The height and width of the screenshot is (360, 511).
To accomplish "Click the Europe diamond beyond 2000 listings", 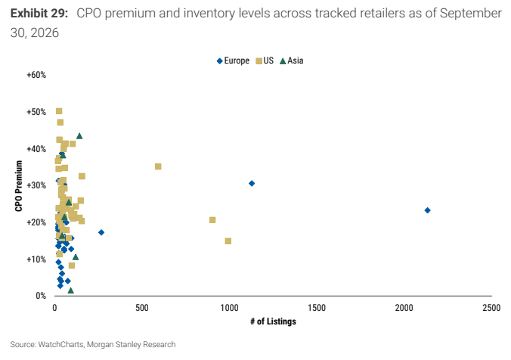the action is (427, 210).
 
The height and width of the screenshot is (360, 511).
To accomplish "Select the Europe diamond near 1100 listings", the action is (252, 183).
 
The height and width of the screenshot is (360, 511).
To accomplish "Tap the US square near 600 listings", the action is (158, 166).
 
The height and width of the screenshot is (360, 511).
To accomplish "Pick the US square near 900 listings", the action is (212, 220).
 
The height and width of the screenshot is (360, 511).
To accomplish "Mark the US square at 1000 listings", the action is (228, 241).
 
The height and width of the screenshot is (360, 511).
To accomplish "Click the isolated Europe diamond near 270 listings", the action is (101, 232).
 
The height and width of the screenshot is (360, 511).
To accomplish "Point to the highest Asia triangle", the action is (79, 135).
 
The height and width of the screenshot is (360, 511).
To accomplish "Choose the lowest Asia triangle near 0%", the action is (71, 290).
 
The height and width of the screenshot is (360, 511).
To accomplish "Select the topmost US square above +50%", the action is (59, 111).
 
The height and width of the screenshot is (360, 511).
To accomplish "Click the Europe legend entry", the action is (233, 61).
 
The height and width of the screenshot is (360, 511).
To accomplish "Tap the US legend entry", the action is (265, 61).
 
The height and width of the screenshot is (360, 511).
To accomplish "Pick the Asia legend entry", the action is (292, 61).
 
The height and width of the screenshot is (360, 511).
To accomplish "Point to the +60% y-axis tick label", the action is (36, 75).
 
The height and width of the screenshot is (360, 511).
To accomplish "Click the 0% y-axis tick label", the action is (41, 296).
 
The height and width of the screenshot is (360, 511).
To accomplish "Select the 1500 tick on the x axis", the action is (317, 308).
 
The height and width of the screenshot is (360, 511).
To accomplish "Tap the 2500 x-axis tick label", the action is (491, 308).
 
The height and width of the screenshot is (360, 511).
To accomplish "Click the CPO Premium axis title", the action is (19, 186).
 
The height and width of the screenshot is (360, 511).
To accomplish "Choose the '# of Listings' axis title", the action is (273, 321).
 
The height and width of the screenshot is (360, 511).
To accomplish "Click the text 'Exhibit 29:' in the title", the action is (39, 14).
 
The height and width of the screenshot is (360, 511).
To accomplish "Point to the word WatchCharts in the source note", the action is (60, 344).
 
